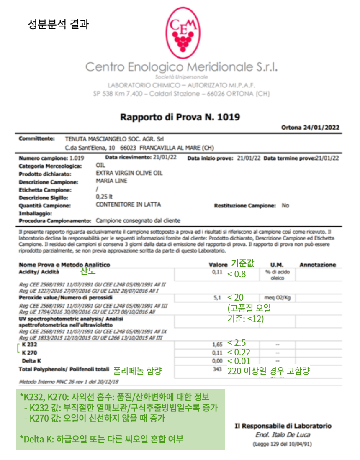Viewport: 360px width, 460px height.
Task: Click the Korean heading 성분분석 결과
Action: (x=58, y=24)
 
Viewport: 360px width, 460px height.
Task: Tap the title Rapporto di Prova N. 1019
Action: (x=180, y=117)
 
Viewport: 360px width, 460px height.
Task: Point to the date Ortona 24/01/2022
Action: (x=310, y=128)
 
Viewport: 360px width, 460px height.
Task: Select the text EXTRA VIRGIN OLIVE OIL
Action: (x=129, y=173)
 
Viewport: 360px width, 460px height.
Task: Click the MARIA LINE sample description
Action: (x=111, y=181)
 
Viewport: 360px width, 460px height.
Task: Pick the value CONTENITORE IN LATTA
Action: (x=128, y=205)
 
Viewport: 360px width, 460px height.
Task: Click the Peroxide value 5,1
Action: (x=217, y=299)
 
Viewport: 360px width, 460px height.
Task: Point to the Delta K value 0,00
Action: (x=217, y=361)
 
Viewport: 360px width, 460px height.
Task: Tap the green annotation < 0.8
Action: (x=237, y=274)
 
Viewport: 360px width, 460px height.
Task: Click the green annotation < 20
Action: (x=235, y=298)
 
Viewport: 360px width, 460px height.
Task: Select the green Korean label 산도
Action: (x=88, y=272)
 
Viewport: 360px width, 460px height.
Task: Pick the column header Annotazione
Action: (x=317, y=265)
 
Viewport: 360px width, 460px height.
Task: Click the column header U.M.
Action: (x=277, y=265)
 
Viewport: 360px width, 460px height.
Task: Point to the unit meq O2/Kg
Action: (x=278, y=298)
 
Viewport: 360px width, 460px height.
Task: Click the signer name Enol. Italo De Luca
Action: (x=283, y=435)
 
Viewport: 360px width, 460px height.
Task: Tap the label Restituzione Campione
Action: (x=245, y=206)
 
